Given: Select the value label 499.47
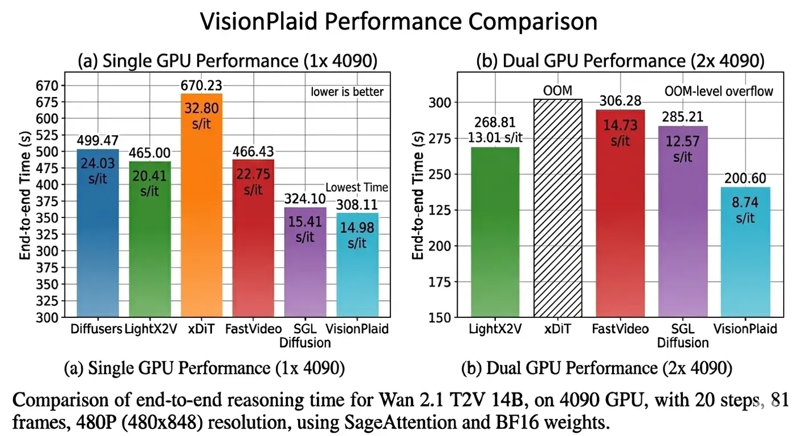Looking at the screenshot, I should (x=97, y=141).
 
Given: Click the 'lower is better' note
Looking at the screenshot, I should (x=347, y=91).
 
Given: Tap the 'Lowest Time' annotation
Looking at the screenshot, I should (x=357, y=187).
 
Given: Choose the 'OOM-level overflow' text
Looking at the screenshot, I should (x=719, y=91).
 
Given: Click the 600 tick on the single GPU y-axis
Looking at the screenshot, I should (x=48, y=119).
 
